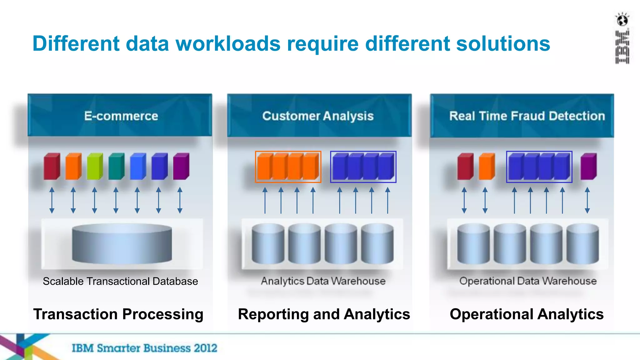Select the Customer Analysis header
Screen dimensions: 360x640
click(318, 116)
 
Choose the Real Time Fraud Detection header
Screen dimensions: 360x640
click(527, 116)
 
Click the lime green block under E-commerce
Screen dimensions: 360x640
click(95, 166)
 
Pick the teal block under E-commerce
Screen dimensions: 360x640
click(116, 166)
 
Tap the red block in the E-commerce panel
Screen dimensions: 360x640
click(52, 166)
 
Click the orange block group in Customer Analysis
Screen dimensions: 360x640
click(288, 167)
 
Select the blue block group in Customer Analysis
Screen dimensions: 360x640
click(363, 167)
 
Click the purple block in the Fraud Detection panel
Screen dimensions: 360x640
click(588, 166)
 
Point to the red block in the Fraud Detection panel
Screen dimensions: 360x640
click(465, 166)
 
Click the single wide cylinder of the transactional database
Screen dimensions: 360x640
click(122, 244)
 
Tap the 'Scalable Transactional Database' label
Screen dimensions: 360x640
click(120, 281)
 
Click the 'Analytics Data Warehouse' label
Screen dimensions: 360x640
click(323, 281)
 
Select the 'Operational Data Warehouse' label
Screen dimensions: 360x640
click(528, 281)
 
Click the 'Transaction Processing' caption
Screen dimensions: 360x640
click(118, 314)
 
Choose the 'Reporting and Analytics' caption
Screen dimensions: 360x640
click(324, 314)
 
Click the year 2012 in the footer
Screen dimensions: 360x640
click(205, 348)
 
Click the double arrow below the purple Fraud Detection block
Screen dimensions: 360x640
click(587, 200)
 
